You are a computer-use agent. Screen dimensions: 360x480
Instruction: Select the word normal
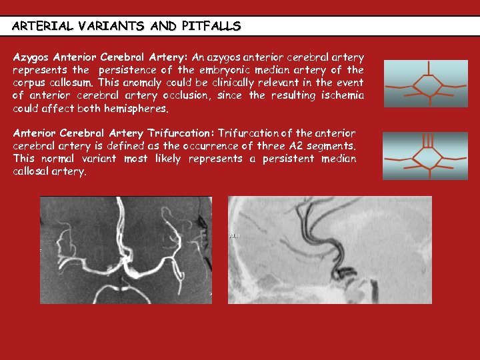[60, 159]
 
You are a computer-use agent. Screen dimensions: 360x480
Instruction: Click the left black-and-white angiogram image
[125, 249]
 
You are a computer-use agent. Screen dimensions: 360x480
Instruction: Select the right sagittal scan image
[329, 249]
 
